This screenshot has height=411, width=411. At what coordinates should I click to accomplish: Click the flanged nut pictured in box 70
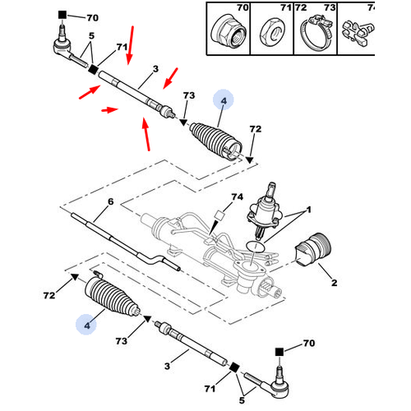(229, 32)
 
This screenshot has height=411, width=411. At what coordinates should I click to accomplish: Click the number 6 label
(110, 201)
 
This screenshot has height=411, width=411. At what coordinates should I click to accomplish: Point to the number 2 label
(335, 283)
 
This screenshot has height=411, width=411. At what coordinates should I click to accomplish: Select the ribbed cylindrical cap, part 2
(313, 249)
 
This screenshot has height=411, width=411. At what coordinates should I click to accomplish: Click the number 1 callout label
(309, 210)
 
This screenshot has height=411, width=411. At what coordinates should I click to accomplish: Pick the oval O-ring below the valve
(256, 246)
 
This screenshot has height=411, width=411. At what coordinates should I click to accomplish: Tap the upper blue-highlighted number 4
(224, 101)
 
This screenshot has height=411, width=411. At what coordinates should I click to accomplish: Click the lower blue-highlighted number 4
(87, 326)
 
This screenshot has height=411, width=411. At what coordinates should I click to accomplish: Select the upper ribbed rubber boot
(216, 143)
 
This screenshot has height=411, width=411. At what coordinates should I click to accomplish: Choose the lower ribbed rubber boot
(112, 297)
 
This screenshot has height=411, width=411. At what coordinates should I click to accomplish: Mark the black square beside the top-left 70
(62, 15)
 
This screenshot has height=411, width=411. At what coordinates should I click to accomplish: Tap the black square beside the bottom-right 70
(279, 352)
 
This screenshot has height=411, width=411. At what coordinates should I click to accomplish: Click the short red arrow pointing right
(109, 110)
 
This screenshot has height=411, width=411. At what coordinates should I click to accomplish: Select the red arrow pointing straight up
(146, 134)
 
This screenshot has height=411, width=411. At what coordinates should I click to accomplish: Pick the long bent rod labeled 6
(125, 242)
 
